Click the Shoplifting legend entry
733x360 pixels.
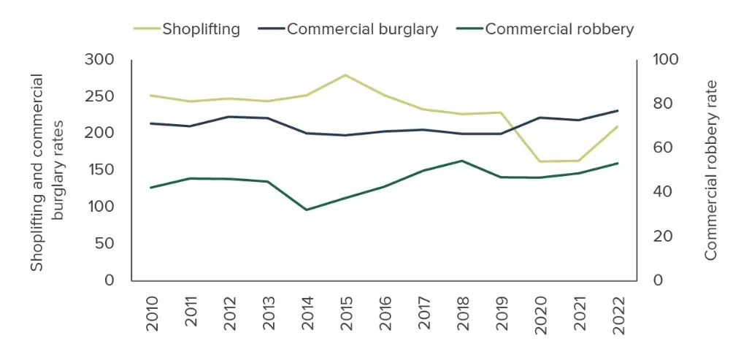tap(187, 29)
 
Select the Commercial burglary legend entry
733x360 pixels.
tap(348, 29)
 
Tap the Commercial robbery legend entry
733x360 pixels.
tap(545, 29)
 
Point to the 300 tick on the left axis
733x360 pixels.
tap(99, 60)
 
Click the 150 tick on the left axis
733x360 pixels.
tap(99, 169)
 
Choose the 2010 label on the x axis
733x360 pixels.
tap(153, 314)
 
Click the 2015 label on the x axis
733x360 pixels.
tap(346, 314)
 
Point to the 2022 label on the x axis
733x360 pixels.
tap(618, 314)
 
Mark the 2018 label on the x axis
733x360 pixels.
tap(463, 314)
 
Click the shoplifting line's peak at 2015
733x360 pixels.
tap(345, 74)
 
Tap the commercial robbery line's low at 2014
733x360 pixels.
tap(307, 210)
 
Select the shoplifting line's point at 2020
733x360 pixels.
tap(540, 161)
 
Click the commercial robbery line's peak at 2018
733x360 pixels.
tap(462, 161)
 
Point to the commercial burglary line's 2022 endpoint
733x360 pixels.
tap(618, 111)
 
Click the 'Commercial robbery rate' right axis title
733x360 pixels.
tap(710, 170)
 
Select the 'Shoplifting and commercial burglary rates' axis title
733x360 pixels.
tap(47, 172)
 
